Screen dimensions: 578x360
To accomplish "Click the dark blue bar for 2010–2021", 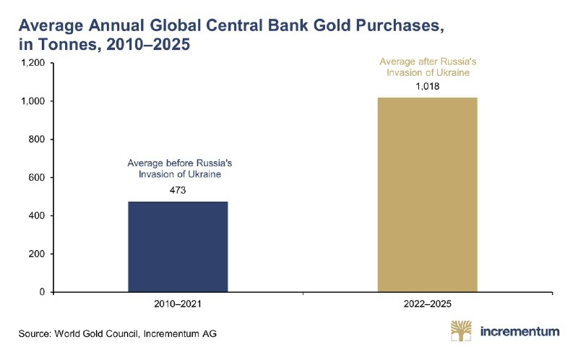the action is [x=178, y=247].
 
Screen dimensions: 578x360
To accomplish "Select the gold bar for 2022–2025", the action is [x=427, y=194].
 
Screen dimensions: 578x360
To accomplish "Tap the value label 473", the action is [x=178, y=190].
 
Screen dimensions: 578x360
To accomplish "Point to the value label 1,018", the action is [x=428, y=86].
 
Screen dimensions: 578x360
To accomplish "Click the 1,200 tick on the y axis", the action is [x=33, y=63].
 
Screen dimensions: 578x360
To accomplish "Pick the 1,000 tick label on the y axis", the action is [x=33, y=101].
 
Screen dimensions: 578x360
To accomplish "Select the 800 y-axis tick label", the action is [x=37, y=140].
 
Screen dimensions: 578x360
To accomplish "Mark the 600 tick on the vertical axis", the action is [x=37, y=177].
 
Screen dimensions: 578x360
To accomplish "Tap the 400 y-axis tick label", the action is [x=37, y=215].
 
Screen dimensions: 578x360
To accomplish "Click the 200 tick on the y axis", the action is [x=37, y=254].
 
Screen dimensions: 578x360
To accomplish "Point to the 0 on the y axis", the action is [x=42, y=292].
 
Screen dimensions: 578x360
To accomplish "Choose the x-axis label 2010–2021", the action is [x=178, y=304].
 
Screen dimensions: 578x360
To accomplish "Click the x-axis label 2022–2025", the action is [x=428, y=304].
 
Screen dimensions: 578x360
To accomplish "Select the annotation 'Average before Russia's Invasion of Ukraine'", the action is [x=179, y=168].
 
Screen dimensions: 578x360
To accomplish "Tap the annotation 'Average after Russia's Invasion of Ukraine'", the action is [x=428, y=67].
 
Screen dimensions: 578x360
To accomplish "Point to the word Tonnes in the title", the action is [x=69, y=44].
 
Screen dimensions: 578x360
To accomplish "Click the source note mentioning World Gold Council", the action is [x=118, y=334].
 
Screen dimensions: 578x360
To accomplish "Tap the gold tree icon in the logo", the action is [x=461, y=330].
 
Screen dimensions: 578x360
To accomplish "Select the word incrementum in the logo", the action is [x=519, y=331].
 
